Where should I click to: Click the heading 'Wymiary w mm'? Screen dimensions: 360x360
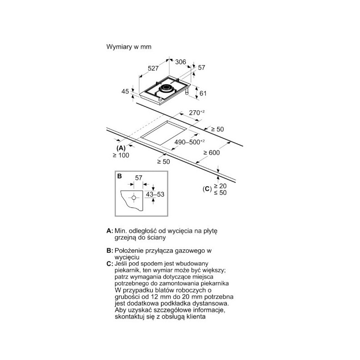(129, 47)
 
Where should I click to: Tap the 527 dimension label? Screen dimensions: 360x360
(153, 68)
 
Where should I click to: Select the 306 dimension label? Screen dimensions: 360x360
(180, 62)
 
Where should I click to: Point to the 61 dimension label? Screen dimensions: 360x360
(203, 93)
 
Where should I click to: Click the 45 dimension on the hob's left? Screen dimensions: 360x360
(125, 91)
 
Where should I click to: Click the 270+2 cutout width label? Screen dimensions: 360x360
(197, 113)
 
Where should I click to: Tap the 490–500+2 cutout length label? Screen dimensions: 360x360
(189, 142)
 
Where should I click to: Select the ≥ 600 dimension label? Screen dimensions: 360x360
(211, 153)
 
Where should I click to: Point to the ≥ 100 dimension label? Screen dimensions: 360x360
(121, 155)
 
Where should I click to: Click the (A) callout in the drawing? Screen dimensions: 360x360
(121, 148)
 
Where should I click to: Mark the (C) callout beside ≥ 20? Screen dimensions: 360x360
(207, 189)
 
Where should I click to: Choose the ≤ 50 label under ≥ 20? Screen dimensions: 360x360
(220, 193)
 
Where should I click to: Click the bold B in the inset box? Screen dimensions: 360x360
(119, 176)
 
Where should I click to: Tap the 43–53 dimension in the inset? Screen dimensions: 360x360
(155, 194)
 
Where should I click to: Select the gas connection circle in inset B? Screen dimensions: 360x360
(134, 198)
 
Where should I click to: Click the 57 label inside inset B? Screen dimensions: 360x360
(139, 178)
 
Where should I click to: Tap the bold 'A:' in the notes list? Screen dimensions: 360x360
(110, 231)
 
